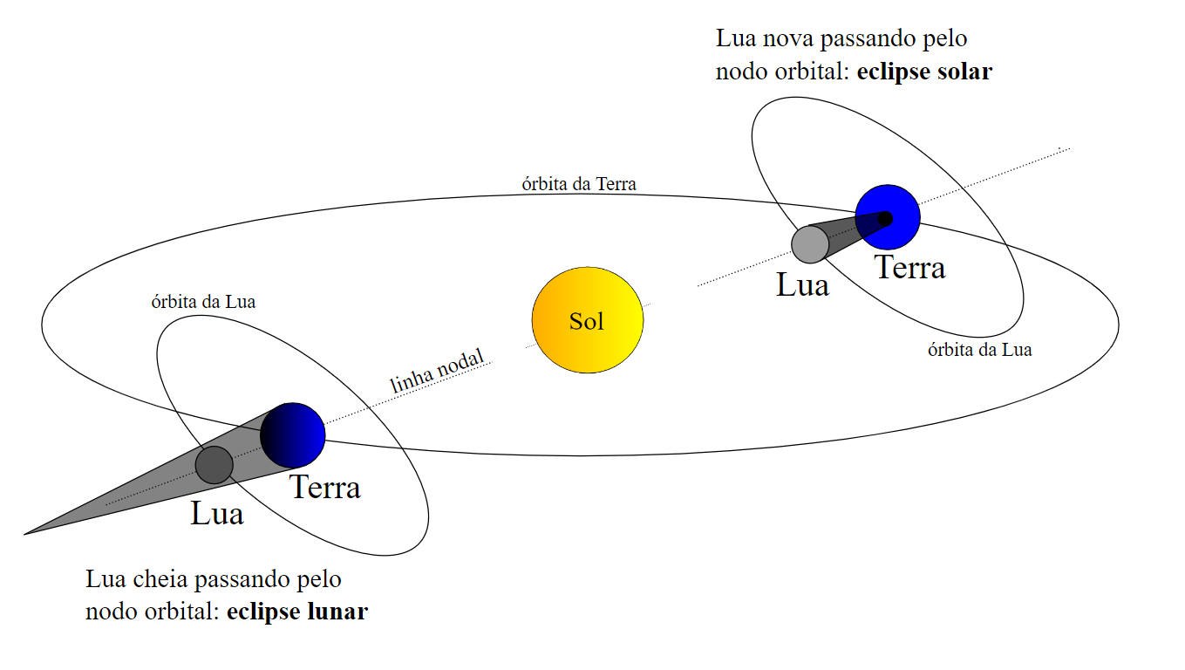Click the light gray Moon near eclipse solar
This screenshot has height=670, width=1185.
[x=810, y=244]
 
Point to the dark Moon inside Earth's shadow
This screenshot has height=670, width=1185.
[x=214, y=464]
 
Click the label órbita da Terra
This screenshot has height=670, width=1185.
[x=579, y=184]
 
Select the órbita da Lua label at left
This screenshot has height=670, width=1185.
[x=203, y=302]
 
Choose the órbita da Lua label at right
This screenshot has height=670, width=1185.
[x=979, y=350]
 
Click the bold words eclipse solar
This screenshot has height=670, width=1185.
[x=924, y=72]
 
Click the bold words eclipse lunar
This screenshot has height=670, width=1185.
[x=297, y=612]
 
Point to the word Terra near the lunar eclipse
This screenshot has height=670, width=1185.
[x=324, y=487]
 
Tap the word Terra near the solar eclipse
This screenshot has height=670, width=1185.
[x=909, y=268]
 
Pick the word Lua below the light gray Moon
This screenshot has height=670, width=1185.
[x=802, y=285]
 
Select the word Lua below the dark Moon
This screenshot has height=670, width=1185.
[x=217, y=514]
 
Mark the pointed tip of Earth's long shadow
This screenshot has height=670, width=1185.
[x=26, y=533]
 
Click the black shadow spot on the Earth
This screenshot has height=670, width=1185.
[x=886, y=217]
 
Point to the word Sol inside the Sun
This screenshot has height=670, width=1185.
[x=587, y=321]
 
